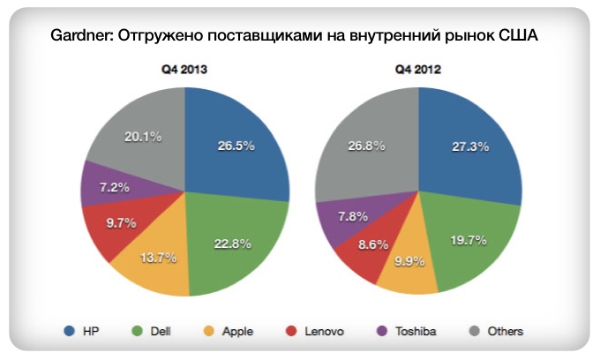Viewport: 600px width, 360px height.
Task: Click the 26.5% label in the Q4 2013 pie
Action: [236, 146]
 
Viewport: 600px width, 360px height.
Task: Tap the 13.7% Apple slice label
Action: [160, 258]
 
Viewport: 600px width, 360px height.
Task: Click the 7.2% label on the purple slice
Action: [116, 188]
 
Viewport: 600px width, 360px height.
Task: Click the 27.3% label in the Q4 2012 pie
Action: [469, 146]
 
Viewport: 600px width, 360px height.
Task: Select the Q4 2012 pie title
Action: [418, 68]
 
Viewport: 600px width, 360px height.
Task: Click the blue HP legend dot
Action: [69, 331]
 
